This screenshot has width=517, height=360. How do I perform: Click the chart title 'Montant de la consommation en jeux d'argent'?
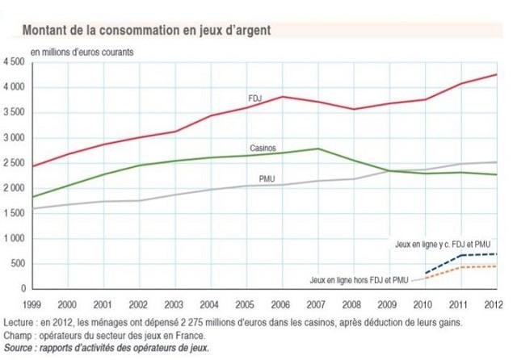[145, 29]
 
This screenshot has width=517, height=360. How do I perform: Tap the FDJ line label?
[255, 98]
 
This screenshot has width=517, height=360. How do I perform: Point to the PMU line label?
[267, 177]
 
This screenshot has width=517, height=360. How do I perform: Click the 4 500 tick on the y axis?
[14, 62]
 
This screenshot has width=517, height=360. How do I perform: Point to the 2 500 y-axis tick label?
[14, 163]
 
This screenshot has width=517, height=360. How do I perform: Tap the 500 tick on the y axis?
[18, 264]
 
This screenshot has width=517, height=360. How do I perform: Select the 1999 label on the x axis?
[32, 304]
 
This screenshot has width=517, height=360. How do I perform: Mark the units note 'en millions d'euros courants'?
[82, 51]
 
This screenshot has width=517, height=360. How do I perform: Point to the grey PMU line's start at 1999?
[32, 208]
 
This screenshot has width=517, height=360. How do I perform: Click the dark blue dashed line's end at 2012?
[496, 254]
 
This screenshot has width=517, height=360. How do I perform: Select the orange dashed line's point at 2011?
[460, 267]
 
